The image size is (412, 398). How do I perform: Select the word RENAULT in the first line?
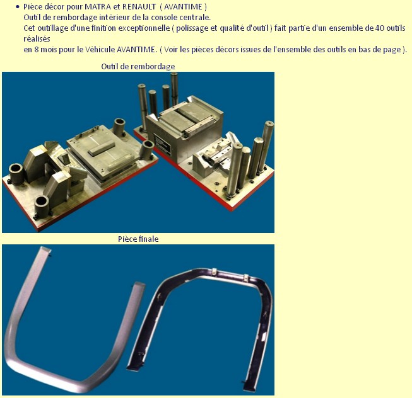(139, 7)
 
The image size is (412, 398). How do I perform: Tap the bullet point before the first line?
(18, 7)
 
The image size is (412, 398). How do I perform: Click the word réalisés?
(37, 39)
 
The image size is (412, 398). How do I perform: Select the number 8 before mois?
(36, 50)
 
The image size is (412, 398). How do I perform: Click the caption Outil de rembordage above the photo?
(138, 67)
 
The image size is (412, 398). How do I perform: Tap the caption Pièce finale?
(138, 239)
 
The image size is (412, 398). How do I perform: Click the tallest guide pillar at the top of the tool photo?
(174, 89)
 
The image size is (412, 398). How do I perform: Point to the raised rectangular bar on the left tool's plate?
(102, 149)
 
